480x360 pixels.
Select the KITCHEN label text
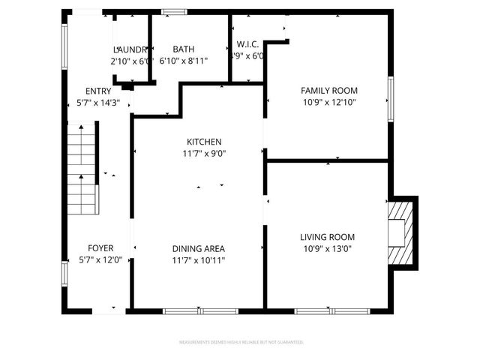(204, 142)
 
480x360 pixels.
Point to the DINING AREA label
(199, 249)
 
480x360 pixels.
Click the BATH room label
(184, 49)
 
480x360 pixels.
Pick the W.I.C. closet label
(248, 45)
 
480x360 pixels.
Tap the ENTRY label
(98, 91)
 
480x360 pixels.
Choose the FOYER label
(100, 248)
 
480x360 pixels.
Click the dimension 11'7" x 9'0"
(204, 154)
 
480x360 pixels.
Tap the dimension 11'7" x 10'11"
(199, 261)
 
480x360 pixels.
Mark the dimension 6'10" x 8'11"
(184, 61)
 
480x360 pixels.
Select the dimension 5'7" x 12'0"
(100, 260)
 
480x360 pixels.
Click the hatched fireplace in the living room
(403, 232)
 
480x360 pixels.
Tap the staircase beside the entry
(83, 170)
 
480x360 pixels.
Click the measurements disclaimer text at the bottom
(241, 342)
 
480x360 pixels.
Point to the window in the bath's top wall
(175, 11)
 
